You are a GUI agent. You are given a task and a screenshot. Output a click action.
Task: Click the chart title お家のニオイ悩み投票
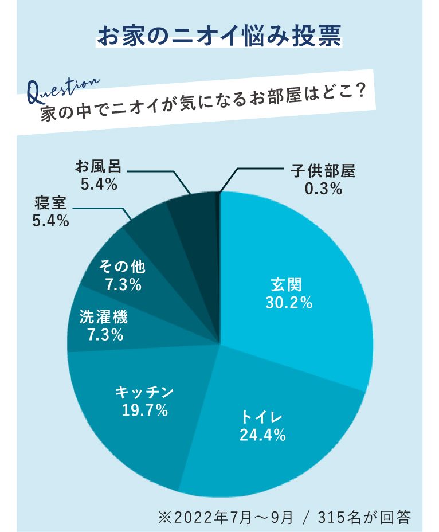tap(219, 36)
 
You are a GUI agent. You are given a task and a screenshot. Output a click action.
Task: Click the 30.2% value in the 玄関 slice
tap(289, 303)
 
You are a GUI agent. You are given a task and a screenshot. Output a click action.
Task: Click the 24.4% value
tap(262, 436)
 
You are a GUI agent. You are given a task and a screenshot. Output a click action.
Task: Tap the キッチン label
tap(144, 392)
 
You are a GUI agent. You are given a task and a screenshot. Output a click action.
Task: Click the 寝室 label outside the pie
tap(51, 202)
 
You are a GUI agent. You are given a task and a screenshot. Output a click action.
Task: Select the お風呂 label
tap(99, 166)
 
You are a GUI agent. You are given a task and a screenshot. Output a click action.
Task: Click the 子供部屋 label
tap(323, 171)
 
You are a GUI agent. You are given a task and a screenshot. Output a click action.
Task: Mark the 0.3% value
tap(323, 189)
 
